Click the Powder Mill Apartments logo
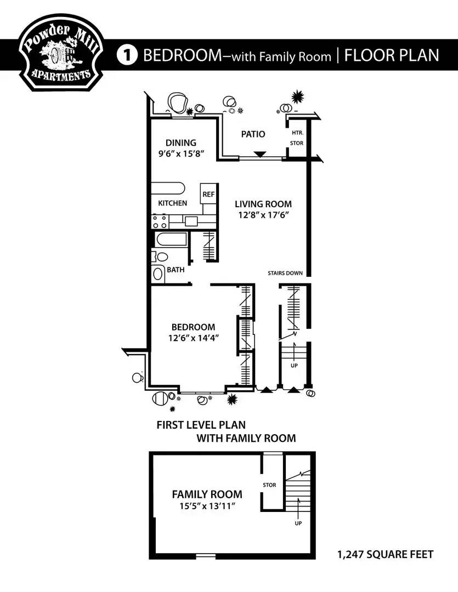click(60, 52)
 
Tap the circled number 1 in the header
click(127, 55)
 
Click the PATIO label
click(253, 134)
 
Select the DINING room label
click(181, 143)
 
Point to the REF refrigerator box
click(208, 194)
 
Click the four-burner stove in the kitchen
click(160, 221)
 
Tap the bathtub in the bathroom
click(171, 240)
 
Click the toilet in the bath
click(160, 257)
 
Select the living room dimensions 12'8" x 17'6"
click(263, 215)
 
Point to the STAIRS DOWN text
click(285, 273)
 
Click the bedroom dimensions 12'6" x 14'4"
click(194, 338)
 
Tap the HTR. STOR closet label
click(297, 138)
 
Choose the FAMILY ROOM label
click(207, 494)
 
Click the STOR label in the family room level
click(269, 485)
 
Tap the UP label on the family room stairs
click(298, 523)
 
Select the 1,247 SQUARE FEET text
click(386, 554)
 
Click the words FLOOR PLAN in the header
click(392, 55)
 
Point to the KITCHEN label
click(172, 203)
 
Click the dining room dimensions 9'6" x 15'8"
click(182, 153)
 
